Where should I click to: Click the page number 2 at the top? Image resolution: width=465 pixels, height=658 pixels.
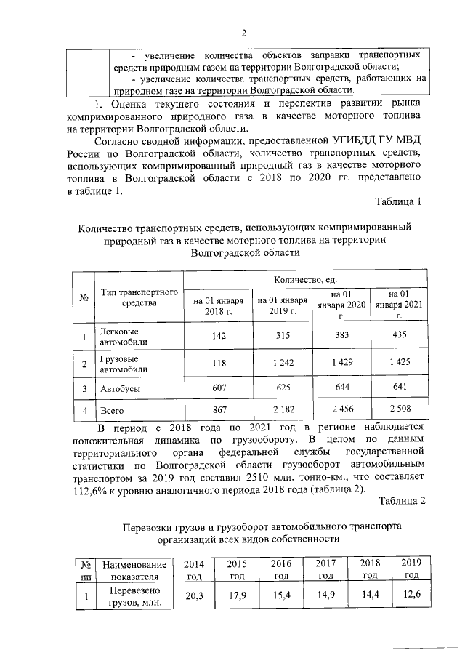[245, 32]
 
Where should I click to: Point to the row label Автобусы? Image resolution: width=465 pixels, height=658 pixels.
[120, 388]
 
